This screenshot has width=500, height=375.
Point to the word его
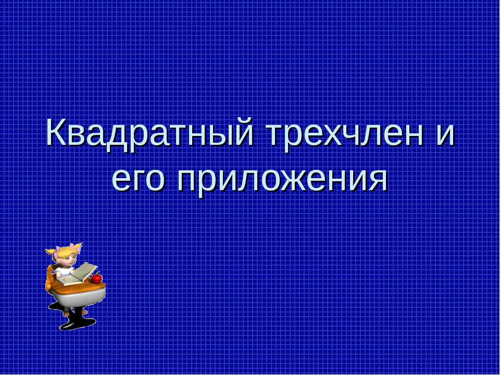139,180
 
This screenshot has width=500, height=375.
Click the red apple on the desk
97,279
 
